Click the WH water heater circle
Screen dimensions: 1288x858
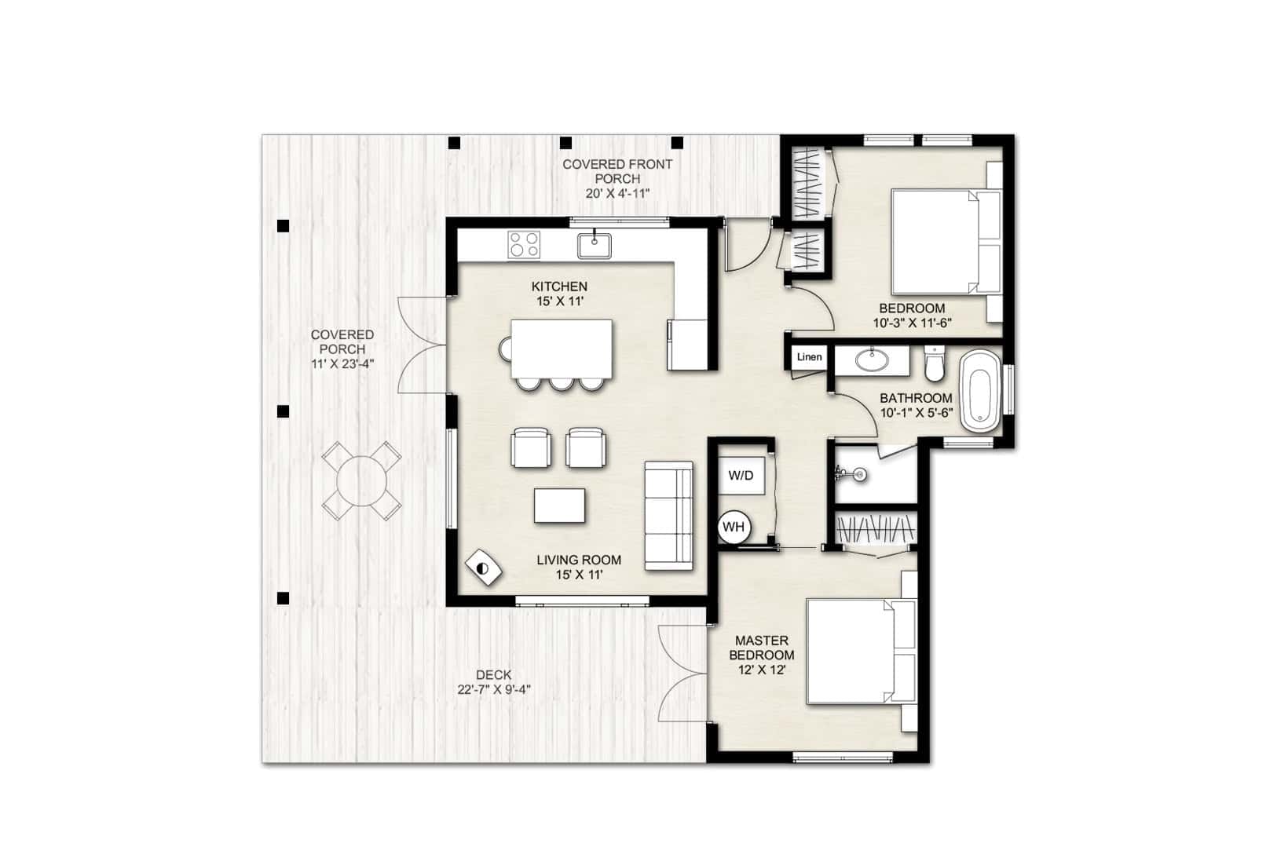[734, 527]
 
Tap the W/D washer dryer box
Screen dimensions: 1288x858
[741, 476]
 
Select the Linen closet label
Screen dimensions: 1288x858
[809, 357]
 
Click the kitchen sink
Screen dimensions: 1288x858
[594, 246]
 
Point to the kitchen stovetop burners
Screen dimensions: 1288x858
[524, 244]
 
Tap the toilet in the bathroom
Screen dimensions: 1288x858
[935, 363]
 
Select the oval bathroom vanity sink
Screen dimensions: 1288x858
[872, 360]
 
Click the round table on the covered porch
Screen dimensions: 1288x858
[361, 480]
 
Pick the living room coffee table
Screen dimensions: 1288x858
[559, 506]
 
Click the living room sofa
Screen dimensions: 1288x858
[668, 516]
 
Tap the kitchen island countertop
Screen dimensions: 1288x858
[562, 349]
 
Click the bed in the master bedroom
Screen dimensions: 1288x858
[862, 651]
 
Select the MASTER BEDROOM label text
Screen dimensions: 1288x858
[761, 648]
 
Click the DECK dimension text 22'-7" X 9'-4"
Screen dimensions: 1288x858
[494, 689]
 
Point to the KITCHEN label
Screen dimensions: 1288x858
[559, 287]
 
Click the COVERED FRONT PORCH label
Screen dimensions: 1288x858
[617, 171]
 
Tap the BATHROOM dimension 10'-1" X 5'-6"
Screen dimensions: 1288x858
[917, 413]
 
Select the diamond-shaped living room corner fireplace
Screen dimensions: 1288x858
[483, 568]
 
